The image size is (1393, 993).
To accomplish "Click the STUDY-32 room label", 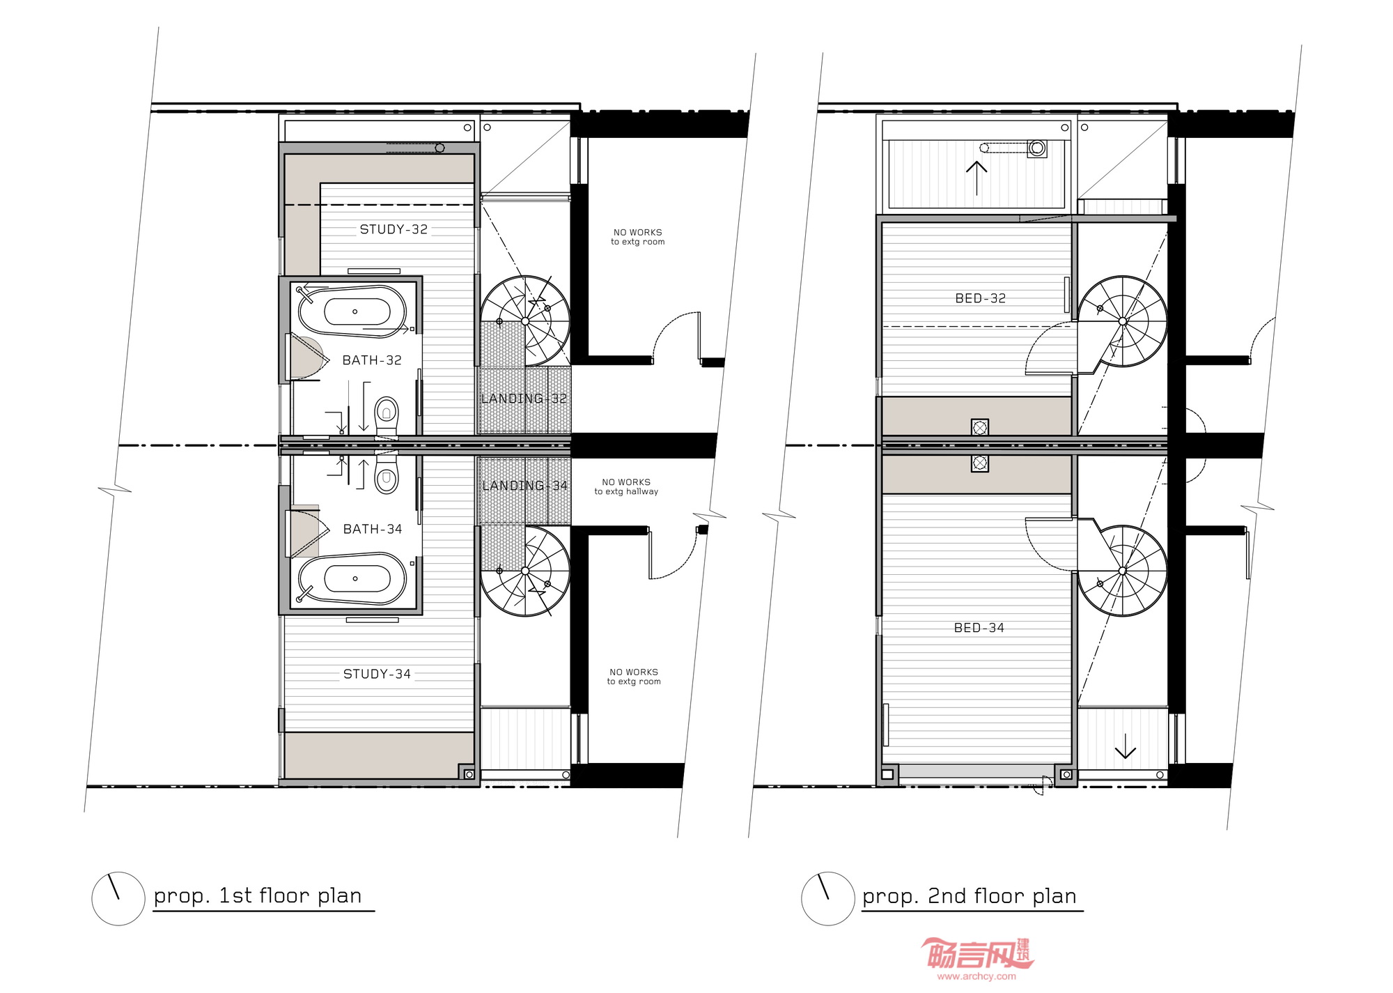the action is point(394,229).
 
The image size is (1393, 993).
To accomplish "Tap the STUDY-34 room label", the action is point(377,674).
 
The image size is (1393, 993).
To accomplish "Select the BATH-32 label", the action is point(372,360).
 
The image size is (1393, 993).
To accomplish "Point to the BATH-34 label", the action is point(373,529).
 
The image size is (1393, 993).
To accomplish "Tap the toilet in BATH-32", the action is point(387,416).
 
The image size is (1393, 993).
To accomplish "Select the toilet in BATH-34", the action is point(387,474).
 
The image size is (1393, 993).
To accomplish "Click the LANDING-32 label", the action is point(524,399).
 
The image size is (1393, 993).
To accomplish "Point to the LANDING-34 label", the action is point(525,486).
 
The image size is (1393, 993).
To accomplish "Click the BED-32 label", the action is point(981,298).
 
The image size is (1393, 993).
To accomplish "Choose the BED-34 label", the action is point(979,628).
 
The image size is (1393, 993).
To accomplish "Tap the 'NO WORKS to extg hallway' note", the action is point(626,486).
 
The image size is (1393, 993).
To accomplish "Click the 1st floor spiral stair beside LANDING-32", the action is point(525,321).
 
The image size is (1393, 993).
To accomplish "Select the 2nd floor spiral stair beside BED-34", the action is point(1123,571).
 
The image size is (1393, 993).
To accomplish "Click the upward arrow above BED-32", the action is point(976,178).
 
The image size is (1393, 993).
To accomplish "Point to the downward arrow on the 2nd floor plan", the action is point(1126,746).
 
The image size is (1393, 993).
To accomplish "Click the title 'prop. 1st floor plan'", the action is point(258,895).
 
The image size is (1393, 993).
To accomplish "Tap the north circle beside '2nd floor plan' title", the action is point(828,899).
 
